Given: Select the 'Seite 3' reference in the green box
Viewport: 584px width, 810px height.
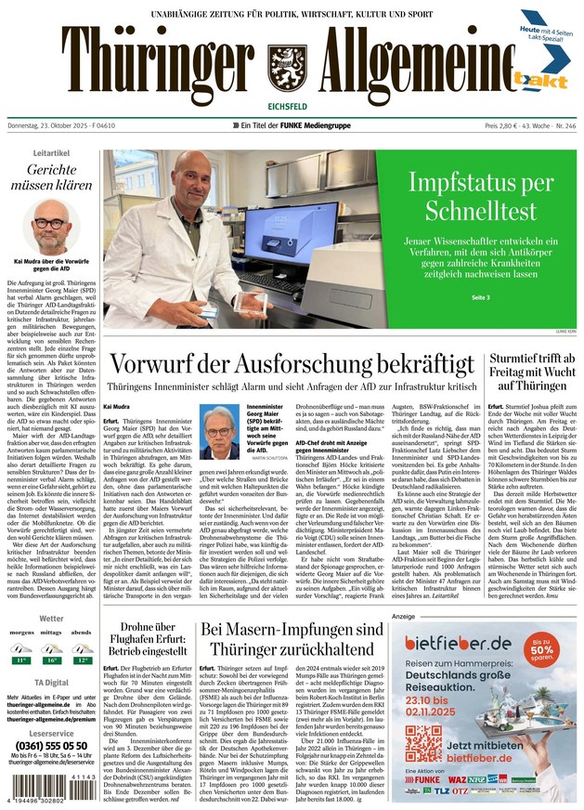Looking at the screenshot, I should pyautogui.click(x=480, y=297).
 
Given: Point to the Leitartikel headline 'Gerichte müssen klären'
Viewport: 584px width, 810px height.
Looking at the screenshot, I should pyautogui.click(x=51, y=176).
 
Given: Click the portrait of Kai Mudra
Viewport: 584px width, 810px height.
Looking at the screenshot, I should pyautogui.click(x=51, y=231).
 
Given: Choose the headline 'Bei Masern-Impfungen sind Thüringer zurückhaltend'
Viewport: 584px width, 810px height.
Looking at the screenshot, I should pyautogui.click(x=292, y=639).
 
